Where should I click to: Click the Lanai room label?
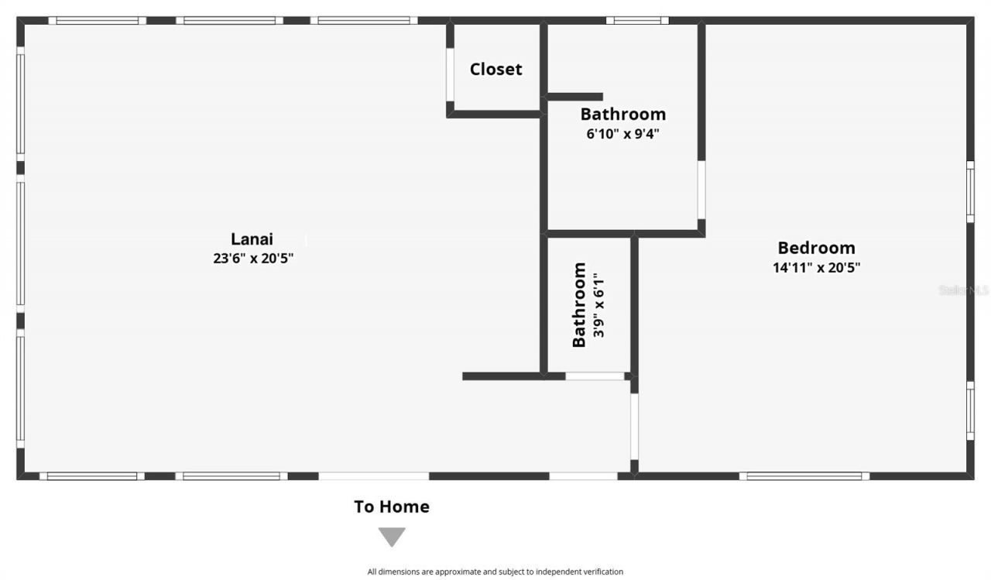252,239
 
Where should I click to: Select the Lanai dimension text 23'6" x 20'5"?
253,259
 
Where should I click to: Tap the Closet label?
495,69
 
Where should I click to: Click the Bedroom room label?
816,248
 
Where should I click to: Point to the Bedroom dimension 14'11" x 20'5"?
816,268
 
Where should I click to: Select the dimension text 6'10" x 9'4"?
622,133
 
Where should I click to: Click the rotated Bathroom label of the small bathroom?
579,304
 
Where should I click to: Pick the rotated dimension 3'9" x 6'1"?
598,304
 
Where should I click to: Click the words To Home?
391,506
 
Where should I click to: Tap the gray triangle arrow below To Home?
392,536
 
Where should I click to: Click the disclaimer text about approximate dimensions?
495,571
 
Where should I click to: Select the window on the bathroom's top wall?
637,20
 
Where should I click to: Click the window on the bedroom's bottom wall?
804,475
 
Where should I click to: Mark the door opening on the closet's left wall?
449,75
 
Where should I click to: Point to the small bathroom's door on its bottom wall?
595,376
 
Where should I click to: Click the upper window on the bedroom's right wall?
969,191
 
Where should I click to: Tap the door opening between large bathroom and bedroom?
701,190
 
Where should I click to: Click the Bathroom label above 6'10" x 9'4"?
622,114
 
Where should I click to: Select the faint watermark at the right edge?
963,290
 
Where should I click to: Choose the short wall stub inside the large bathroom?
574,97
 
